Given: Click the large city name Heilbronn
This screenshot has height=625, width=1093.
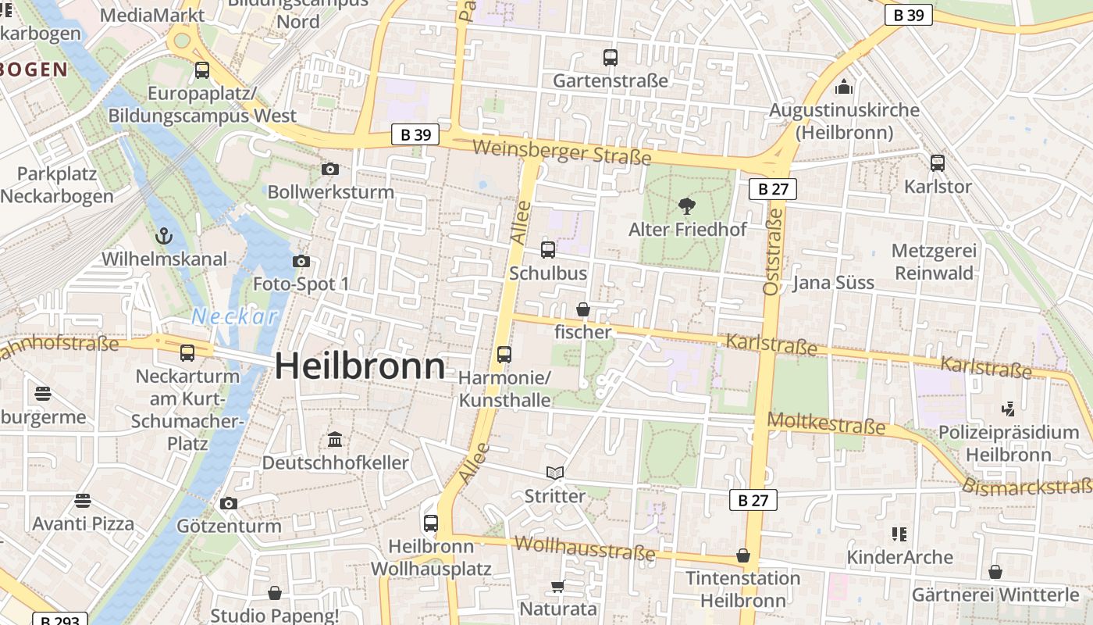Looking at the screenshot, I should click(360, 366).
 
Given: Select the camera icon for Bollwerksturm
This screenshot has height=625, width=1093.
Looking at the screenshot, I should click(330, 169).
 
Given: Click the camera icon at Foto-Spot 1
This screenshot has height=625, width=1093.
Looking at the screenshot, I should click(301, 261).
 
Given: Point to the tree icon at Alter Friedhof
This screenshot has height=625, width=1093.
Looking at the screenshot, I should click(687, 206).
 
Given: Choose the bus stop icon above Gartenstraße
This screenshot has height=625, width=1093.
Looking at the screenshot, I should click(611, 58).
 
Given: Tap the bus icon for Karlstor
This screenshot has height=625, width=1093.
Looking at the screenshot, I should click(938, 163).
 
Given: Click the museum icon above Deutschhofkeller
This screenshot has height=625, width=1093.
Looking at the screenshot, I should click(335, 439).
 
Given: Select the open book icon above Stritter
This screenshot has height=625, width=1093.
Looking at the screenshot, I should click(555, 473).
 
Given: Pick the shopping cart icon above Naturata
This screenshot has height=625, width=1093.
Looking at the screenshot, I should click(557, 586).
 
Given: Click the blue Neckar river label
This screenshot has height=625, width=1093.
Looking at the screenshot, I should click(234, 316).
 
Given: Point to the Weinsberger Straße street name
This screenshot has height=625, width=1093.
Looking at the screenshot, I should click(561, 152).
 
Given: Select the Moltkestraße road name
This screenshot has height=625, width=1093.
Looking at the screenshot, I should click(827, 424).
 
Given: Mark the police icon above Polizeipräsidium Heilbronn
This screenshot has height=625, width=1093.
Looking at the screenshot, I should click(1008, 409).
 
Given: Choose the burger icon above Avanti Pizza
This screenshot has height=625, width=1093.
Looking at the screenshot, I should click(83, 500).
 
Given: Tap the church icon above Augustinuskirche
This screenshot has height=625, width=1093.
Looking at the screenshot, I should click(844, 86).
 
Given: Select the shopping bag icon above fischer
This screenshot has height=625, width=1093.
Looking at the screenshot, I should click(582, 309).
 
